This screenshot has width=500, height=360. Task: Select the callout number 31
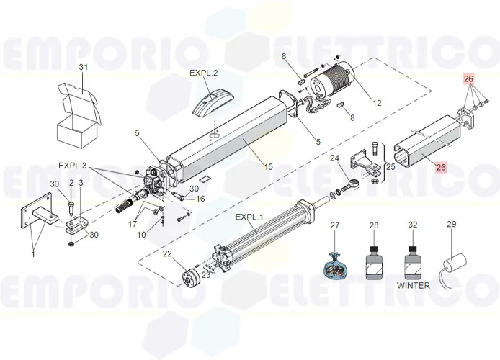[83, 68]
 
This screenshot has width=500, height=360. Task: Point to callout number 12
[377, 103]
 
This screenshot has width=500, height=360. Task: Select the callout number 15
[268, 167]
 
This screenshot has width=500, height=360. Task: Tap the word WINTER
[414, 285]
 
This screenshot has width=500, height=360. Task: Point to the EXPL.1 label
[250, 217]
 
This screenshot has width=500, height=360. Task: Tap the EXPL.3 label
[72, 166]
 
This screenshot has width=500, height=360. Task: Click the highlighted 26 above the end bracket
[469, 78]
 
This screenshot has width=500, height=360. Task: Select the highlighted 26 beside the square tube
[442, 167]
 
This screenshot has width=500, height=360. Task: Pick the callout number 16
[201, 199]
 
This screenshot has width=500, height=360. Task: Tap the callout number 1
[32, 253]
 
